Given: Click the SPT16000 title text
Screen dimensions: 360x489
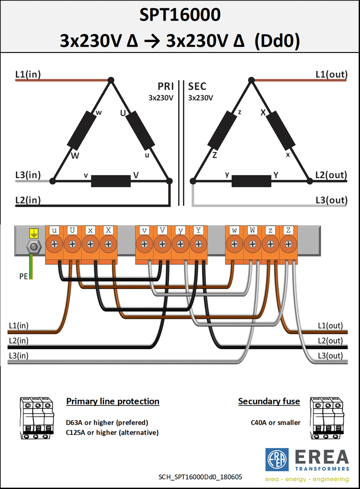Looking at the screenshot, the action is tap(180, 15).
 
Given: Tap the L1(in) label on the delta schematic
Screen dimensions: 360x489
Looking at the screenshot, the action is tap(28, 74).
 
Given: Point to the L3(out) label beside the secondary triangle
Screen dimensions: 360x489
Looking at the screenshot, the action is tap(331, 200).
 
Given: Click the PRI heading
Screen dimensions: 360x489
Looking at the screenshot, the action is tap(166, 86).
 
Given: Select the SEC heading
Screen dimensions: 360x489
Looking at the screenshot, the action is tap(197, 86).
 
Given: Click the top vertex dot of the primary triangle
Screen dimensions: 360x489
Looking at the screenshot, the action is tap(111, 80).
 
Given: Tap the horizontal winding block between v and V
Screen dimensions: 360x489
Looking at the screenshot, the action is tap(111, 181).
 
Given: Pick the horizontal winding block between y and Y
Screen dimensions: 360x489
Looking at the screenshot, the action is tap(251, 181).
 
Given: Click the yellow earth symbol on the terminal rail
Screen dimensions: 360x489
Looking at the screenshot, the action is tap(34, 233).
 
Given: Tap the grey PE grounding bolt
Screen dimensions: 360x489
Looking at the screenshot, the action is tap(34, 247).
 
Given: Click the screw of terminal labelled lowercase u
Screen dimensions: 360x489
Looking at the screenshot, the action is tap(54, 244).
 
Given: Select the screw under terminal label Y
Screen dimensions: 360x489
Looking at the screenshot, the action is tap(198, 244).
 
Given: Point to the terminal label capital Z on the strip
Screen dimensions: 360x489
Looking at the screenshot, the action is tap(288, 230).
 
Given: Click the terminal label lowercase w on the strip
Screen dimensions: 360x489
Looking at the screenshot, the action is tap(234, 230).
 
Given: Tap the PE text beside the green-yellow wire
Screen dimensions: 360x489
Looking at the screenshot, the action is tap(23, 276).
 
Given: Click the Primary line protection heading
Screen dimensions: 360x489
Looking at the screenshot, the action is tap(113, 401).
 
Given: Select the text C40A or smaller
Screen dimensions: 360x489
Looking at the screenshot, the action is tap(275, 423).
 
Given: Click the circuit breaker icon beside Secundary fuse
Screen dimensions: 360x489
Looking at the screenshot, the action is tap(327, 418).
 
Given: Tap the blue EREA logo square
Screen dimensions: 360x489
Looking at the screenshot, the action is tap(277, 460).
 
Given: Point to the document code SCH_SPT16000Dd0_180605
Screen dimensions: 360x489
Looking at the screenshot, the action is tap(201, 477).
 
